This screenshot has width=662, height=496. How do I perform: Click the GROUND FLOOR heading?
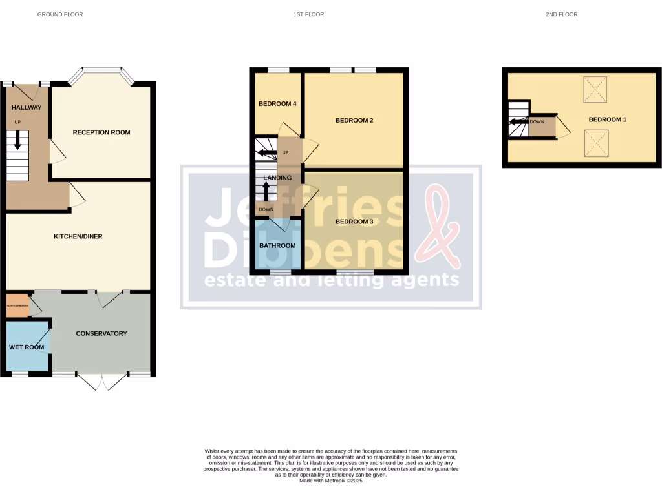tap(60, 14)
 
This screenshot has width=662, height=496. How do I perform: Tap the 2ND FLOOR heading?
tap(561, 14)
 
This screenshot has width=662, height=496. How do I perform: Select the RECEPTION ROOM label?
tap(101, 132)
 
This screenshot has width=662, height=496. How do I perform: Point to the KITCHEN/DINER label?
tap(78, 236)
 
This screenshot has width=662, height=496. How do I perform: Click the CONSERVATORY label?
tap(101, 333)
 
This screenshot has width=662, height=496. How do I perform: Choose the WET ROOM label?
tap(27, 347)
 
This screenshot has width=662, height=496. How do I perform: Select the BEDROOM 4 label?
tap(277, 104)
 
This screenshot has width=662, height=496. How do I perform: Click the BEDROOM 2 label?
tap(354, 120)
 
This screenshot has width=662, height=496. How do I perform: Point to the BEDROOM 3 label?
tap(354, 222)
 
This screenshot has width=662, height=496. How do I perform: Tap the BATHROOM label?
tap(277, 245)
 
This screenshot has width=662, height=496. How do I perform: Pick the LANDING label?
tap(277, 178)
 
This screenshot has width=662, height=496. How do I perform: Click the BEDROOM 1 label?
tap(607, 119)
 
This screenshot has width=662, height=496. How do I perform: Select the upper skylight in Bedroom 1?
tap(595, 89)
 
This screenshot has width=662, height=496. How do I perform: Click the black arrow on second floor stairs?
tap(518, 121)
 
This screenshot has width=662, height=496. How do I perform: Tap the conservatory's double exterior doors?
tap(102, 382)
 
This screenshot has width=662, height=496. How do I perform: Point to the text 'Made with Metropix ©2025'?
tap(331, 480)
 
